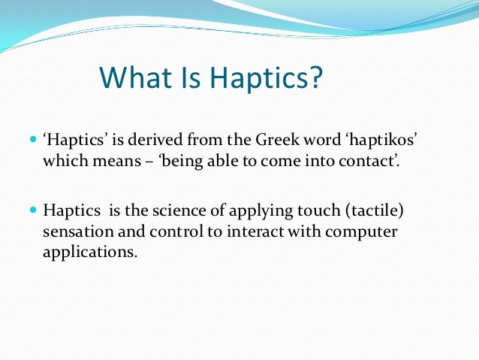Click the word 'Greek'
(x=252, y=140)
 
